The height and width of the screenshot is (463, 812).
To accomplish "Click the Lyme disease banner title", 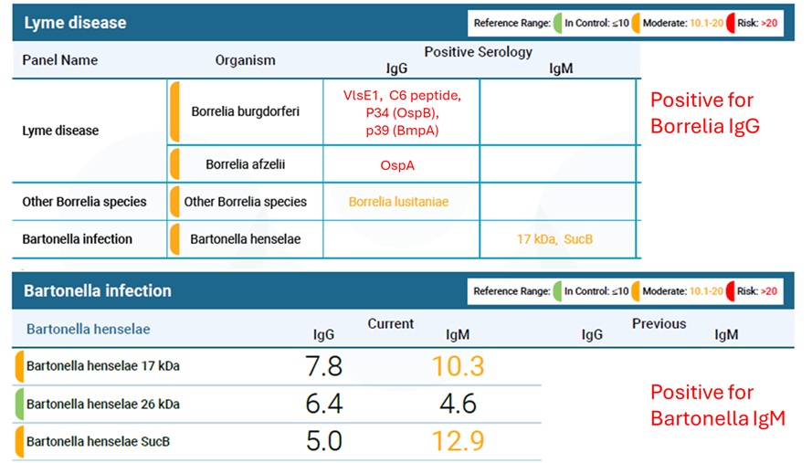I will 75,22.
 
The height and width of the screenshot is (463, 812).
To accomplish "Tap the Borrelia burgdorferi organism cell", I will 246,111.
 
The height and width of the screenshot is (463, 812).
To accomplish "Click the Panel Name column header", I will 60,60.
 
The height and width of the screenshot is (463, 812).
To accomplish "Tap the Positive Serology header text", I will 478,52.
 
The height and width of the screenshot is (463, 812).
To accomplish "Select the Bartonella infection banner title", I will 97,291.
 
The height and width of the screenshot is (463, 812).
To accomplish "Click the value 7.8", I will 323,366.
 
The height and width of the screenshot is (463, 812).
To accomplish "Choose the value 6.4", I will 323,404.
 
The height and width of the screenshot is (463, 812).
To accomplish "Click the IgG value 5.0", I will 323,441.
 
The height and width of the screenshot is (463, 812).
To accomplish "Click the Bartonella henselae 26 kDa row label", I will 103,404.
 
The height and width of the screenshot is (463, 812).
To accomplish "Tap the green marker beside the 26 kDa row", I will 19,404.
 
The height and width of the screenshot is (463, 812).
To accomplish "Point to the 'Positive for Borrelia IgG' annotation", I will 703,113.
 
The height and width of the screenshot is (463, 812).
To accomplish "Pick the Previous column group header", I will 659,323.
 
